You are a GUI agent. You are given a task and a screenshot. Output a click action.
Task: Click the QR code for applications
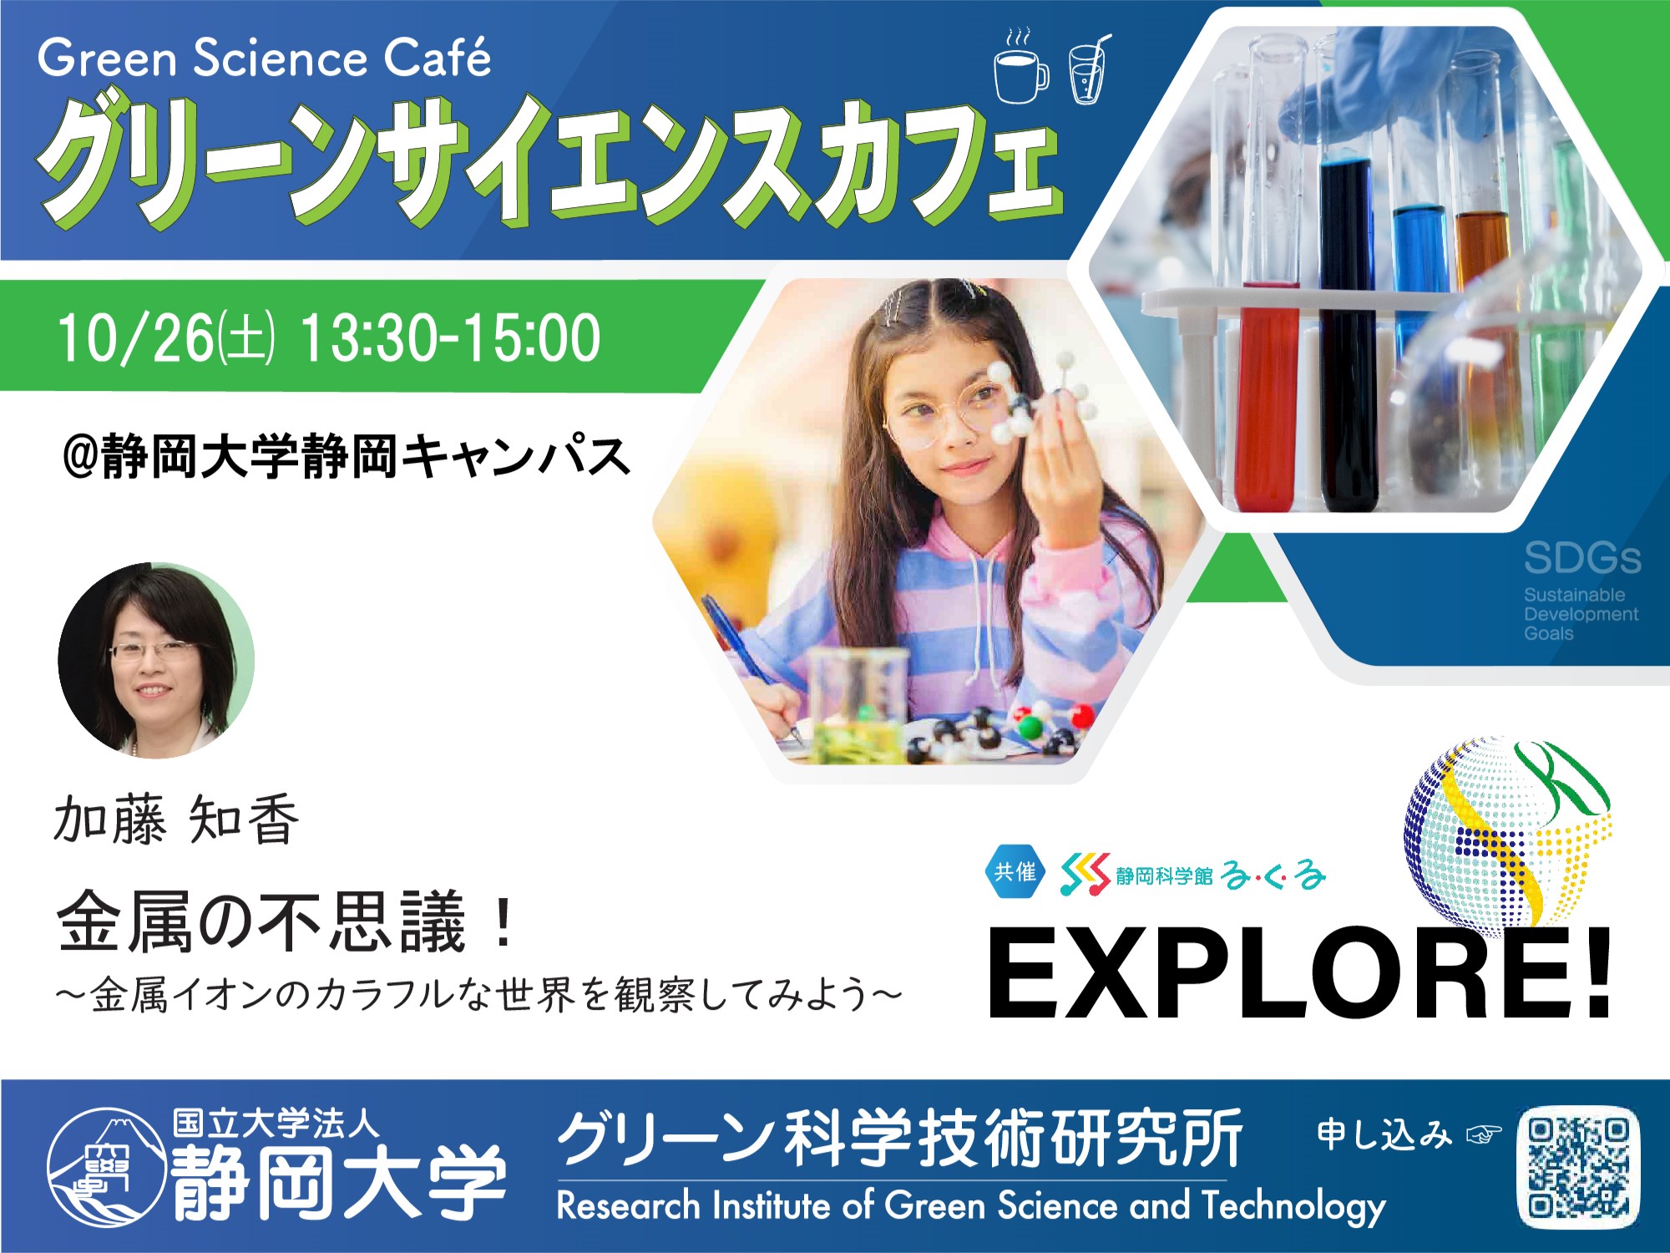pyautogui.click(x=1578, y=1168)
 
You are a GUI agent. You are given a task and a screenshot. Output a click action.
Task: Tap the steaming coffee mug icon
pyautogui.click(x=1021, y=67)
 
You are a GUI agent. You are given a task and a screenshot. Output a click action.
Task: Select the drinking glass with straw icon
pyautogui.click(x=1089, y=70)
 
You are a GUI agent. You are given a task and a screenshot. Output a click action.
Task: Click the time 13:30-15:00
pyautogui.click(x=450, y=337)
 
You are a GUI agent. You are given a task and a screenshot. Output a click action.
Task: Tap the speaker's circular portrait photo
pyautogui.click(x=156, y=660)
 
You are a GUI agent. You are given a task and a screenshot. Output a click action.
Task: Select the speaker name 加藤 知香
pyautogui.click(x=176, y=819)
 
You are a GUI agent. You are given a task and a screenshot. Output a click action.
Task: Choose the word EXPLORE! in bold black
pyautogui.click(x=1299, y=974)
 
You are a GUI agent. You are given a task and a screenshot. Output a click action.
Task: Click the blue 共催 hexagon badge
pyautogui.click(x=1015, y=872)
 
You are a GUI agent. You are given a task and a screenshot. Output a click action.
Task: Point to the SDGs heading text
pyautogui.click(x=1582, y=558)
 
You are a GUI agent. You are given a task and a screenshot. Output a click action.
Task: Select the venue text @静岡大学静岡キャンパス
pyautogui.click(x=347, y=456)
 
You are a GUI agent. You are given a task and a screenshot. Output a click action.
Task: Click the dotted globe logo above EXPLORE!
pyautogui.click(x=1508, y=831)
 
